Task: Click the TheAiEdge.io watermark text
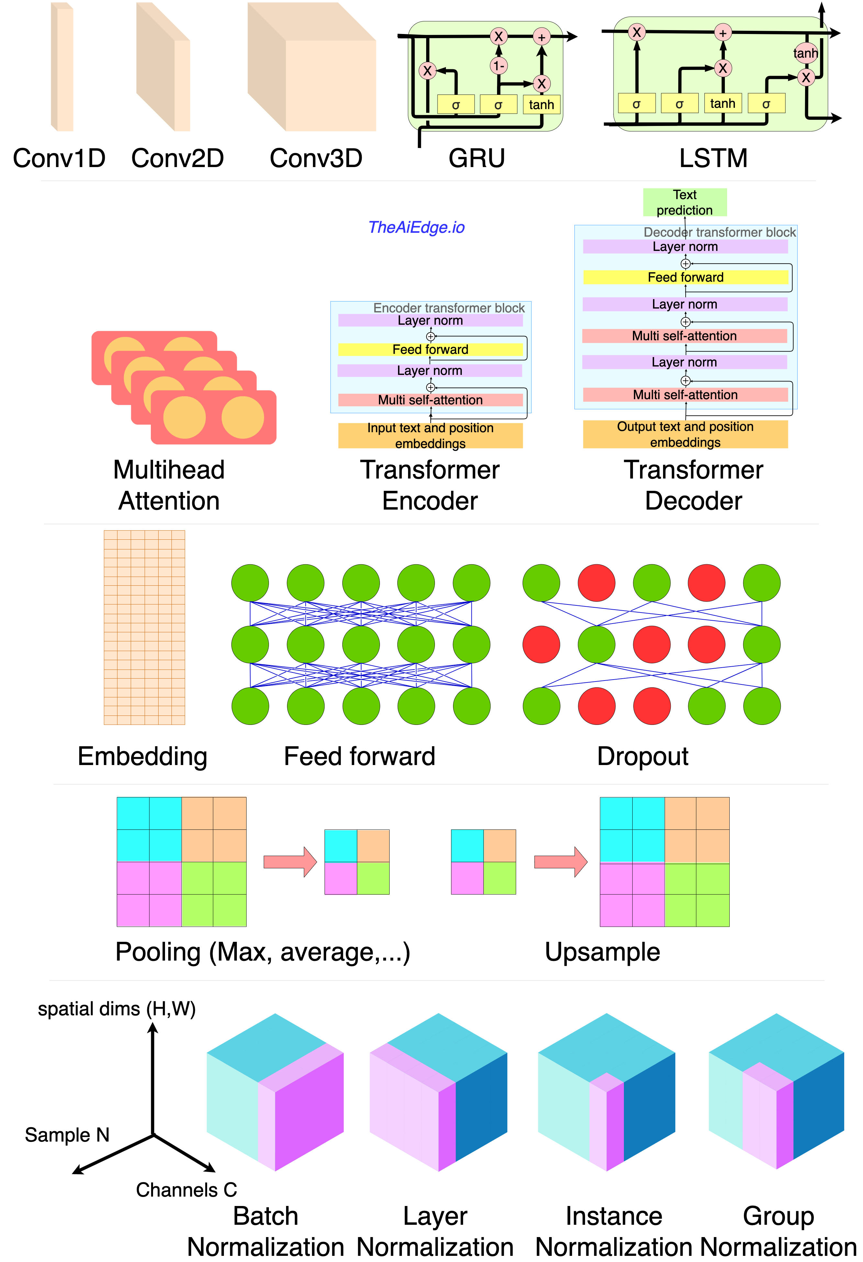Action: [416, 228]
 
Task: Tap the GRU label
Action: [477, 159]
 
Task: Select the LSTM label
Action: [713, 159]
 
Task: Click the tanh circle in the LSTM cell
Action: [805, 53]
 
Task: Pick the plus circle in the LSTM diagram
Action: [723, 33]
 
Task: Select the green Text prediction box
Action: [684, 203]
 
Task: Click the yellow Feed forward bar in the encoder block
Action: [430, 349]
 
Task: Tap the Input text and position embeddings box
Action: [430, 435]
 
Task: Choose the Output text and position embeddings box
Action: [685, 434]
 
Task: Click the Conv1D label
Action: [59, 159]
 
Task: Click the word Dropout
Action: [643, 756]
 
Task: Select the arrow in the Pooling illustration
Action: [290, 862]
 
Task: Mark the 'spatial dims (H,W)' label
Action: [117, 1009]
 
